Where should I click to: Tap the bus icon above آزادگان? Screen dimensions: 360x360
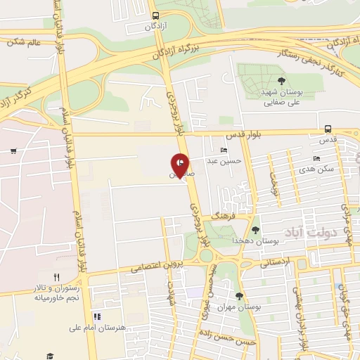pyautogui.click(x=155, y=15)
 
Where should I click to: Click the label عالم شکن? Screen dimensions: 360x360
pyautogui.click(x=25, y=42)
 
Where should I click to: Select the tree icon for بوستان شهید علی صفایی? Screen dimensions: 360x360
pyautogui.click(x=281, y=82)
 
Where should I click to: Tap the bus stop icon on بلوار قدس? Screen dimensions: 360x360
pyautogui.click(x=328, y=129)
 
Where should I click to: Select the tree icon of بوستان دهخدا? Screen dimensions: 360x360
pyautogui.click(x=255, y=229)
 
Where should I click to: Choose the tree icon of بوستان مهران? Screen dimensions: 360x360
pyautogui.click(x=239, y=296)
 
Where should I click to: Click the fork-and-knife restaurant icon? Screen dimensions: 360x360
pyautogui.click(x=56, y=276)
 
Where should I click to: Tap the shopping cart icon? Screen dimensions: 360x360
pyautogui.click(x=13, y=151)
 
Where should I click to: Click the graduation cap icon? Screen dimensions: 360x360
pyautogui.click(x=50, y=356)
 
